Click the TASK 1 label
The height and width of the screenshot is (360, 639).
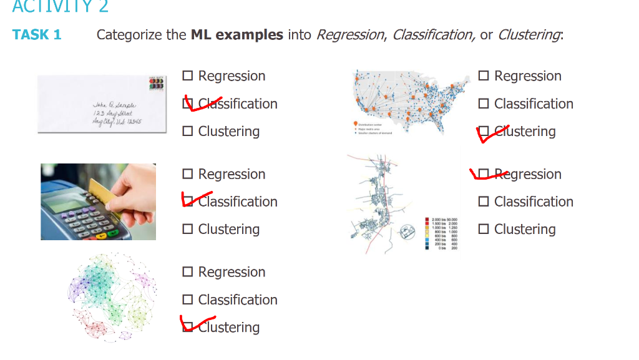coord(37,34)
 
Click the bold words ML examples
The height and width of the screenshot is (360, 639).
coord(237,34)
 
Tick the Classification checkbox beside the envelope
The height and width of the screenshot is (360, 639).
coord(188,104)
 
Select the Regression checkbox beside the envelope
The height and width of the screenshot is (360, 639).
coord(188,76)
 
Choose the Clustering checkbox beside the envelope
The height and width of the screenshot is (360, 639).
coord(188,131)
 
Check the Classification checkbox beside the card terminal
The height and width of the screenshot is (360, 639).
coord(188,202)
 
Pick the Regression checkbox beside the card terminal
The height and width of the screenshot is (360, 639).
coord(188,174)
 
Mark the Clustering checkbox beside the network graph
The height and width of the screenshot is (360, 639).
coord(188,327)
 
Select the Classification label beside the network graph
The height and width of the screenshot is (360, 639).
coord(237,299)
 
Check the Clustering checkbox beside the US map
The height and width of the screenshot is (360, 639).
coord(484,131)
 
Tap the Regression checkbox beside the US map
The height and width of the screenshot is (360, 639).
coord(484,76)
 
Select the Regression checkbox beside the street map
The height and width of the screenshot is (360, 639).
coord(484,174)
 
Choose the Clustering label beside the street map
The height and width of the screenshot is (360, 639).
coord(524,229)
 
